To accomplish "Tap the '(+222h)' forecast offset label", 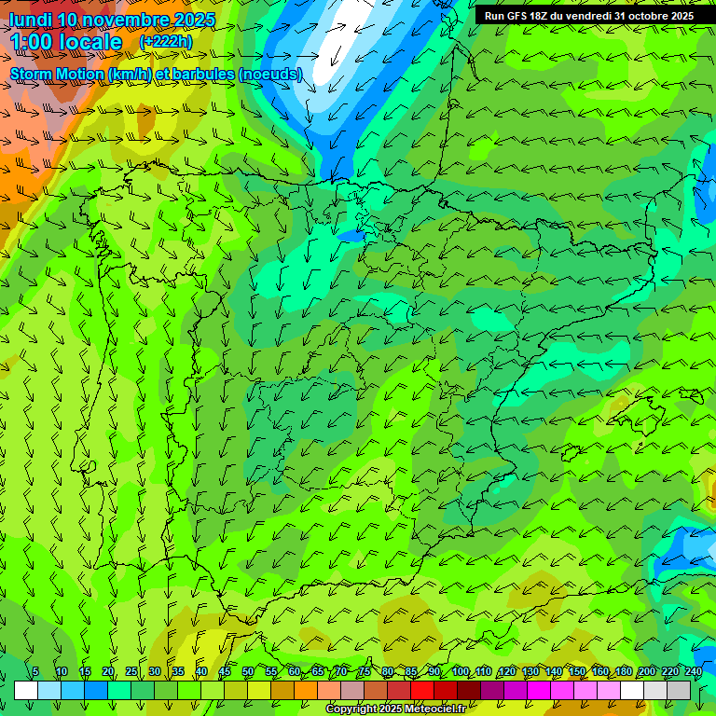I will pyautogui.click(x=166, y=41).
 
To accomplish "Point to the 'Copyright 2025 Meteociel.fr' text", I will pyautogui.click(x=395, y=709).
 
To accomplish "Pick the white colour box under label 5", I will pyautogui.click(x=26, y=690).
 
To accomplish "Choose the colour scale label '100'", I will pyautogui.click(x=461, y=672).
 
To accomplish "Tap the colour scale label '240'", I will pyautogui.click(x=694, y=672).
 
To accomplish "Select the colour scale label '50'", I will pyautogui.click(x=248, y=672).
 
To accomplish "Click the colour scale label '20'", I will pyautogui.click(x=108, y=672).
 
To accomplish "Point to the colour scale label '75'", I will pyautogui.click(x=365, y=672).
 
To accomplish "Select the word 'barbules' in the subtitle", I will pyautogui.click(x=203, y=74).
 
